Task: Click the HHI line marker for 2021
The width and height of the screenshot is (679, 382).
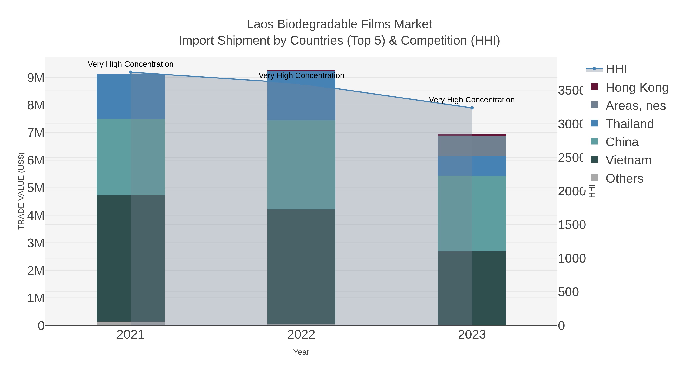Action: pyautogui.click(x=131, y=72)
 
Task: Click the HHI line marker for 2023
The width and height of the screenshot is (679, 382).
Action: pyautogui.click(x=472, y=108)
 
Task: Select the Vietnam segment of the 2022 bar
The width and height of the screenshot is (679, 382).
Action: pyautogui.click(x=301, y=266)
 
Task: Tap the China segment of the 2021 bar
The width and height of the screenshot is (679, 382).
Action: pyautogui.click(x=131, y=157)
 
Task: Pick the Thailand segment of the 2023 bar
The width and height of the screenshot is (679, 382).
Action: pyautogui.click(x=472, y=166)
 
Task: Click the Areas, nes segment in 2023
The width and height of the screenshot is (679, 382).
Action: pyautogui.click(x=472, y=146)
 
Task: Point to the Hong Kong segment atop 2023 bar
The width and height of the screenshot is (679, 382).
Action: pyautogui.click(x=472, y=135)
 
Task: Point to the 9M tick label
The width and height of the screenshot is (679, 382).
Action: pyautogui.click(x=36, y=78)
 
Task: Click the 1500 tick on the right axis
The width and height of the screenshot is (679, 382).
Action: pyautogui.click(x=572, y=225)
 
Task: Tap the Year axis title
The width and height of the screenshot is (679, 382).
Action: pyautogui.click(x=301, y=352)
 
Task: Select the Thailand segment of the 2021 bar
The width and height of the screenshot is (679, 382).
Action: pyautogui.click(x=131, y=96)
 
